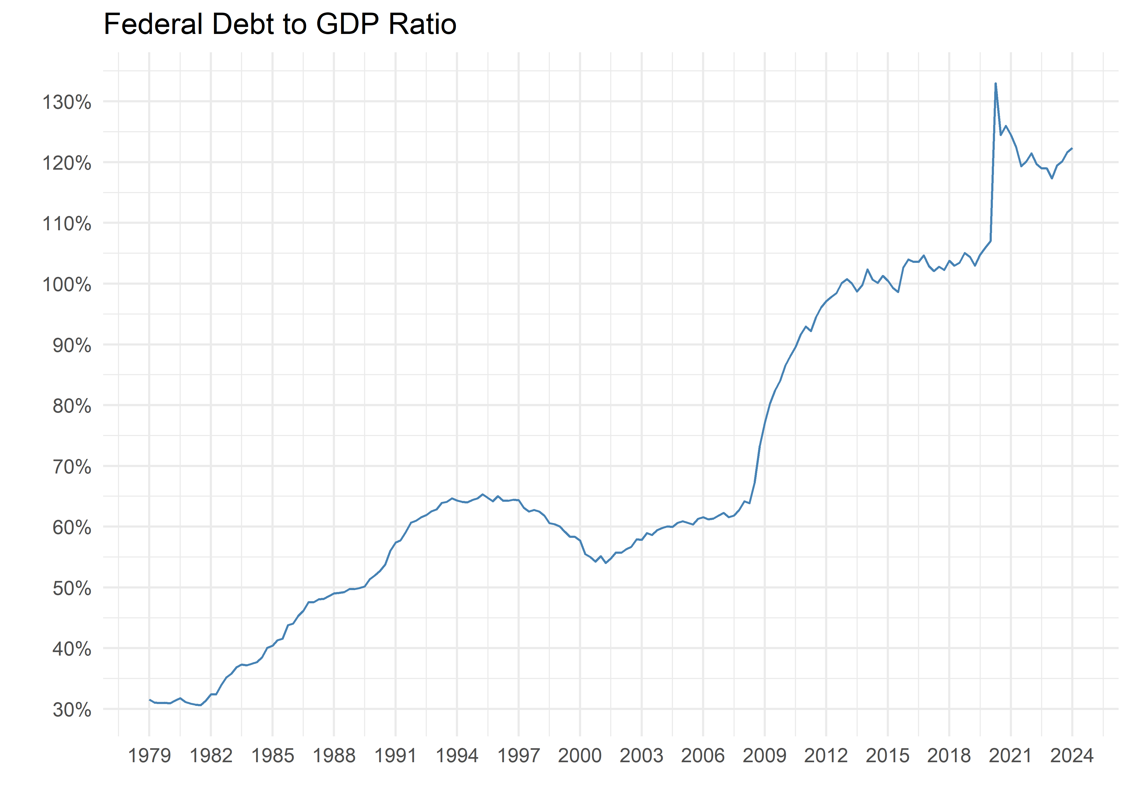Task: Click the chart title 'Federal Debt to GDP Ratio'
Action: click(x=280, y=25)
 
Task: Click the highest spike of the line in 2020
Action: click(x=995, y=83)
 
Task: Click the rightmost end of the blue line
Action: click(x=1072, y=148)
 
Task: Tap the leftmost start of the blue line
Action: click(x=150, y=699)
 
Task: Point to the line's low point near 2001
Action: click(x=606, y=563)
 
